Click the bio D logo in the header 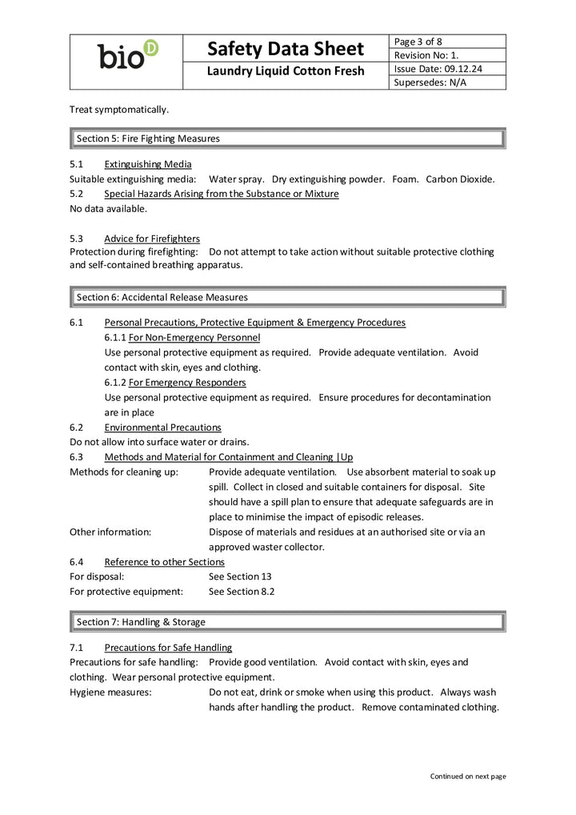pyautogui.click(x=127, y=56)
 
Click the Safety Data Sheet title pyautogui.click(x=286, y=49)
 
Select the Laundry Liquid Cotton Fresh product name pyautogui.click(x=286, y=71)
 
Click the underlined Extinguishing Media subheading pyautogui.click(x=148, y=164)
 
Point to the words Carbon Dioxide pyautogui.click(x=460, y=179)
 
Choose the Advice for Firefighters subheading pyautogui.click(x=152, y=239)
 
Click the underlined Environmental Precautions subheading pyautogui.click(x=162, y=428)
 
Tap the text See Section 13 pyautogui.click(x=240, y=576)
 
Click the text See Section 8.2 pyautogui.click(x=242, y=592)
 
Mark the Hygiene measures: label pyautogui.click(x=110, y=693)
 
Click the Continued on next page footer pyautogui.click(x=468, y=776)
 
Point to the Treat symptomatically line pyautogui.click(x=119, y=109)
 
